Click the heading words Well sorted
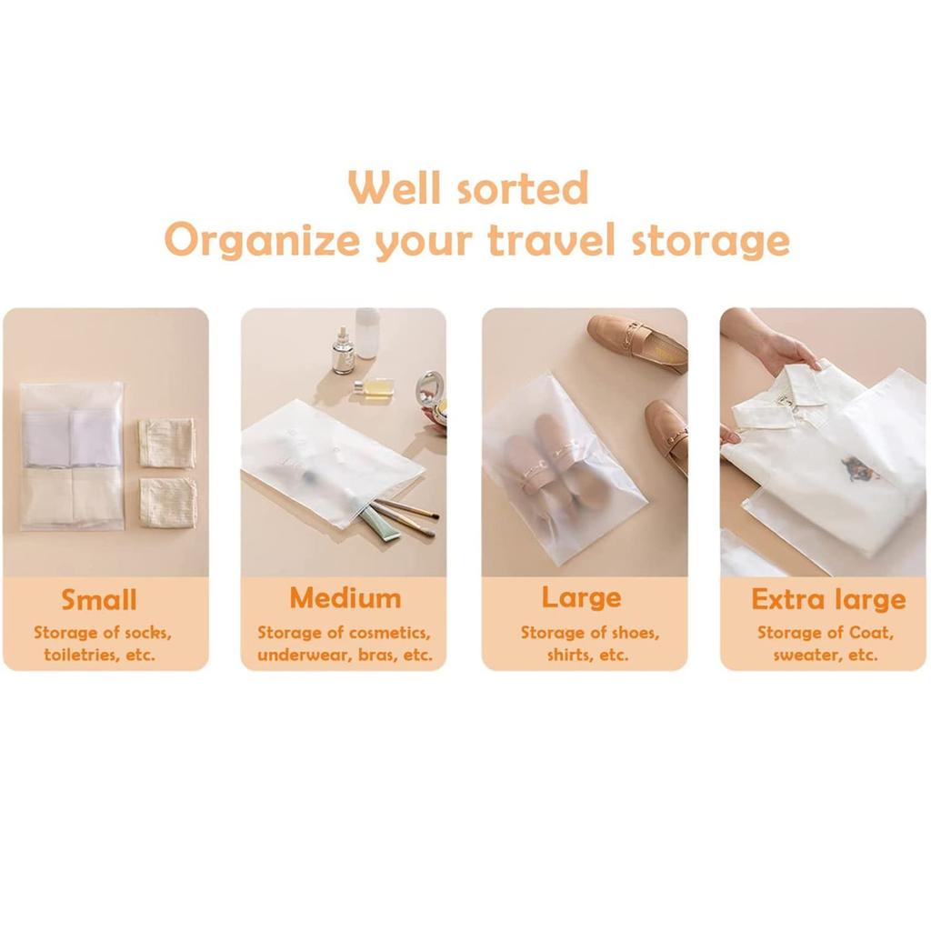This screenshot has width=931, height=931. click(x=468, y=188)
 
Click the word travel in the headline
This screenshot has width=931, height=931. click(x=546, y=241)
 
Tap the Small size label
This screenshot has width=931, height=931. click(x=99, y=600)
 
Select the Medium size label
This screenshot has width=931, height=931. click(x=345, y=598)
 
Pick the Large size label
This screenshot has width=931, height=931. click(x=582, y=597)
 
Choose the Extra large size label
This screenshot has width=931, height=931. click(x=827, y=599)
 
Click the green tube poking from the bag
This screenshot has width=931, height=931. click(x=379, y=525)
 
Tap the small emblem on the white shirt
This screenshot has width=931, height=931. click(x=860, y=469)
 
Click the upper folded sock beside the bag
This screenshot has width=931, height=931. click(x=167, y=443)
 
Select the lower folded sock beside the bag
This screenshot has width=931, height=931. click(x=168, y=502)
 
